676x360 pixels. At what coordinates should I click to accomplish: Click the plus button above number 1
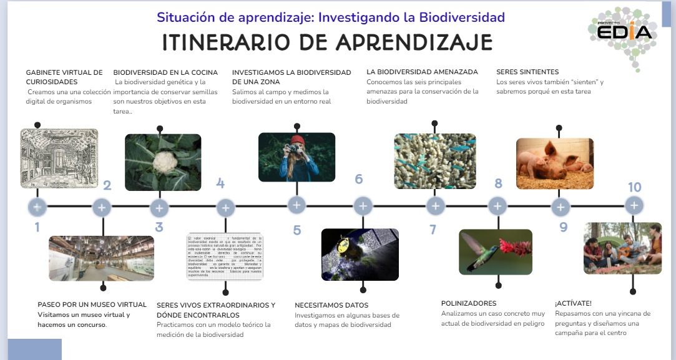(37, 207)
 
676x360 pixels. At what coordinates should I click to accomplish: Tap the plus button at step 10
(634, 205)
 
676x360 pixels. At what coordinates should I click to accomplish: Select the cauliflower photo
(163, 162)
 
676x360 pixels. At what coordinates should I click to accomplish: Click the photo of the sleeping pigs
(554, 163)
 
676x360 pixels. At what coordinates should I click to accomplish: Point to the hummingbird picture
(495, 252)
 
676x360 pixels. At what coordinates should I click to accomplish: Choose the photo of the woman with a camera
(296, 157)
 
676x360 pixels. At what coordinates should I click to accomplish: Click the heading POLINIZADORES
(469, 304)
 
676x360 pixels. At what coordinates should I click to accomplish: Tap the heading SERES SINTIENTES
(527, 72)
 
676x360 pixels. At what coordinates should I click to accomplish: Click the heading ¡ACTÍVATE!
(573, 304)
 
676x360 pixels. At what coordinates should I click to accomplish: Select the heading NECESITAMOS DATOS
(331, 306)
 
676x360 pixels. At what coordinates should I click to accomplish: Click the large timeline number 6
(358, 180)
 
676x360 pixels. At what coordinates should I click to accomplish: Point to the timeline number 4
(220, 183)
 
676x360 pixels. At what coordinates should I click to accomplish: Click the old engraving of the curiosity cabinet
(59, 158)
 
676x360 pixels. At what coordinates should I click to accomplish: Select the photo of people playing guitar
(622, 248)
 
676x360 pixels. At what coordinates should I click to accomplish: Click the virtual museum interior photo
(101, 258)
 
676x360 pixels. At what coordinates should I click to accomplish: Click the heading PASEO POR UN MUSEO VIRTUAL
(92, 305)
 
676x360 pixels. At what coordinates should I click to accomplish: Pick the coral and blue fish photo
(434, 162)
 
